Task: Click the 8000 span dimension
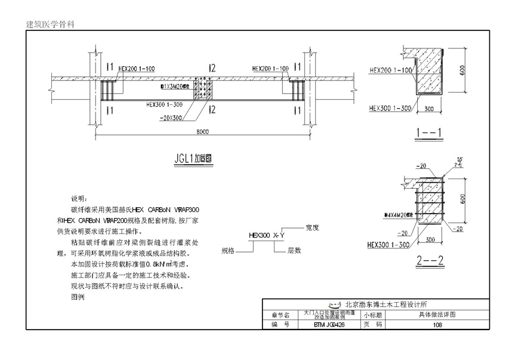tap(202, 132)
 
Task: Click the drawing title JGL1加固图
tap(194, 159)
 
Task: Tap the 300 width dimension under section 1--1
tap(429, 109)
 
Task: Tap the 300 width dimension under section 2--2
tap(429, 240)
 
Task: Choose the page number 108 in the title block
tap(437, 325)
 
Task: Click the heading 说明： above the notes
tap(79, 199)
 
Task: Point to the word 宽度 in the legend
tap(313, 227)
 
